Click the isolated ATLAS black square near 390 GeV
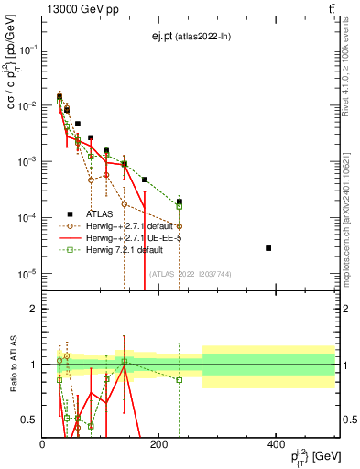click(x=268, y=248)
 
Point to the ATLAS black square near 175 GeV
click(x=145, y=180)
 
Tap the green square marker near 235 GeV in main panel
click(x=180, y=206)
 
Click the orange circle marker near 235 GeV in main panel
click(x=180, y=225)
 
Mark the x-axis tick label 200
click(x=159, y=445)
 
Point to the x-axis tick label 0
click(x=43, y=445)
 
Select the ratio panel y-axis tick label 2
click(x=34, y=309)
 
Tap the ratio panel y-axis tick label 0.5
click(x=30, y=420)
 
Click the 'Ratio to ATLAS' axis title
click(x=12, y=365)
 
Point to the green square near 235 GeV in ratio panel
click(x=180, y=379)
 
